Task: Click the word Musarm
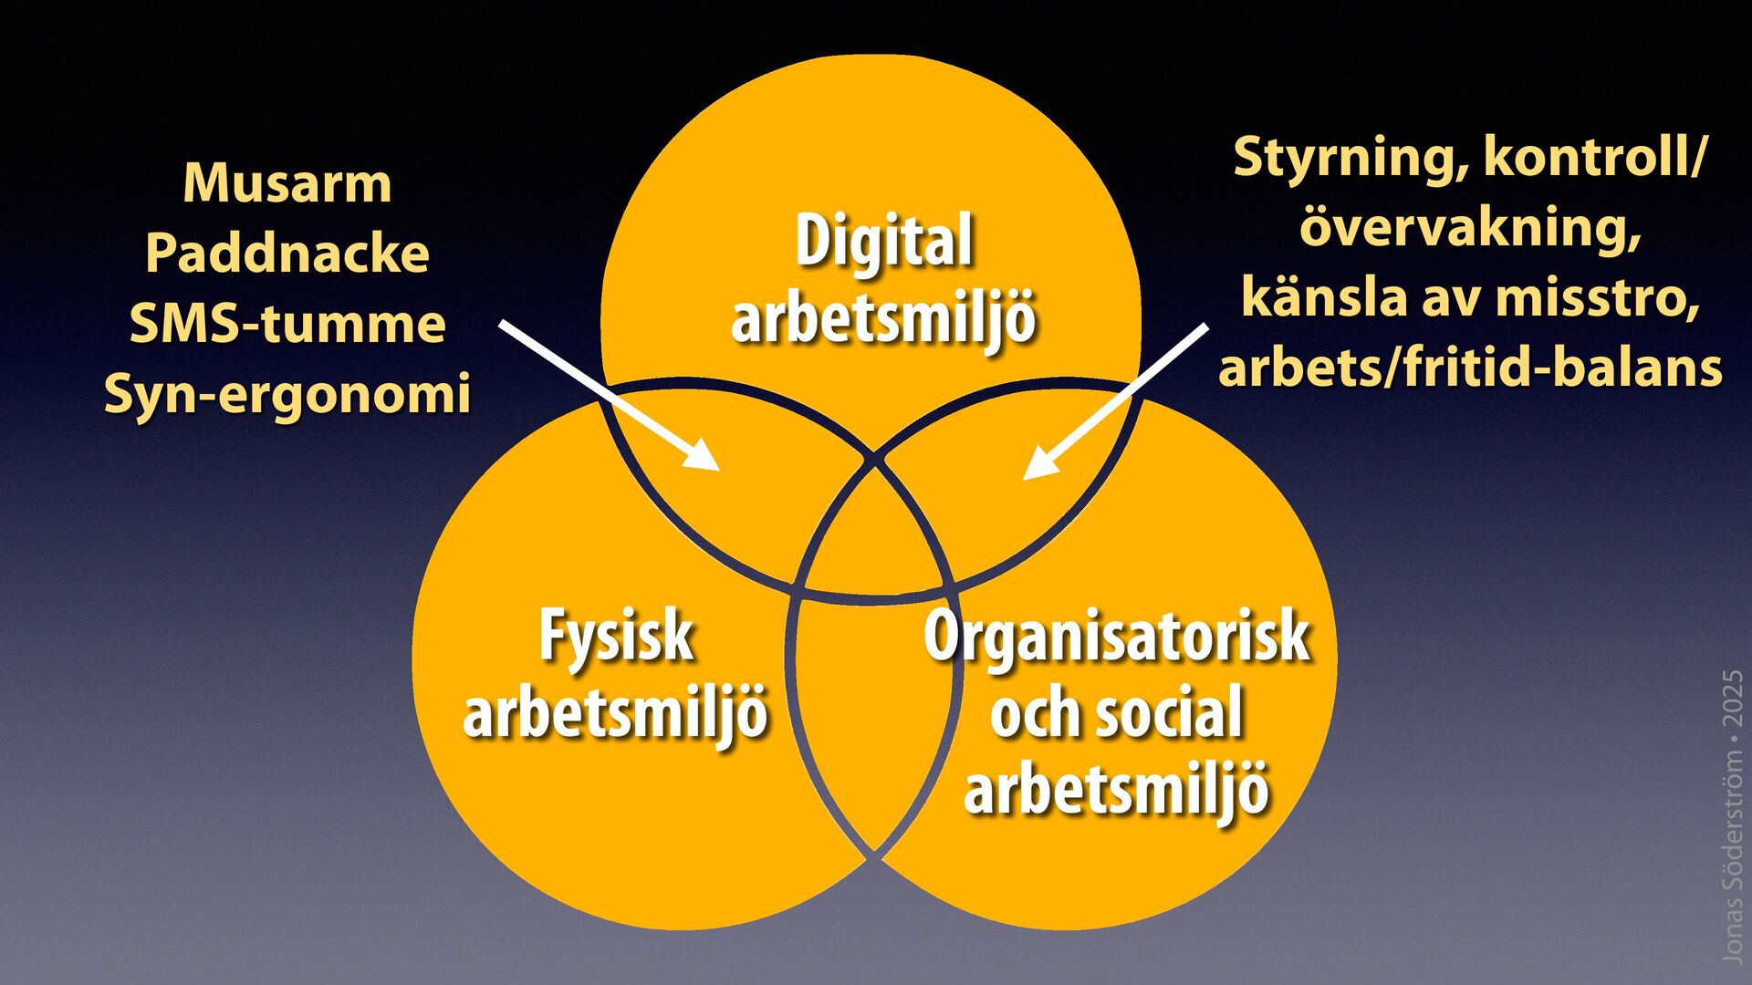[287, 183]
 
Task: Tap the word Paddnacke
[287, 254]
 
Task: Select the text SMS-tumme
[287, 324]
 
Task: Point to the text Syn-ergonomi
[287, 394]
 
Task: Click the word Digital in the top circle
[883, 242]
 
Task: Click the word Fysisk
[616, 637]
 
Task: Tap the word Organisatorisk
[1117, 637]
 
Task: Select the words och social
[1117, 713]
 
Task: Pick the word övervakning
[1470, 227]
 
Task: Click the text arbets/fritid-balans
[1470, 368]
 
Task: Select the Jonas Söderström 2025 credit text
[1731, 816]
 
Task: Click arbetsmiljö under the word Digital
[883, 318]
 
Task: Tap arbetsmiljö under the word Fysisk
[616, 713]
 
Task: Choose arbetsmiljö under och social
[1117, 790]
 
